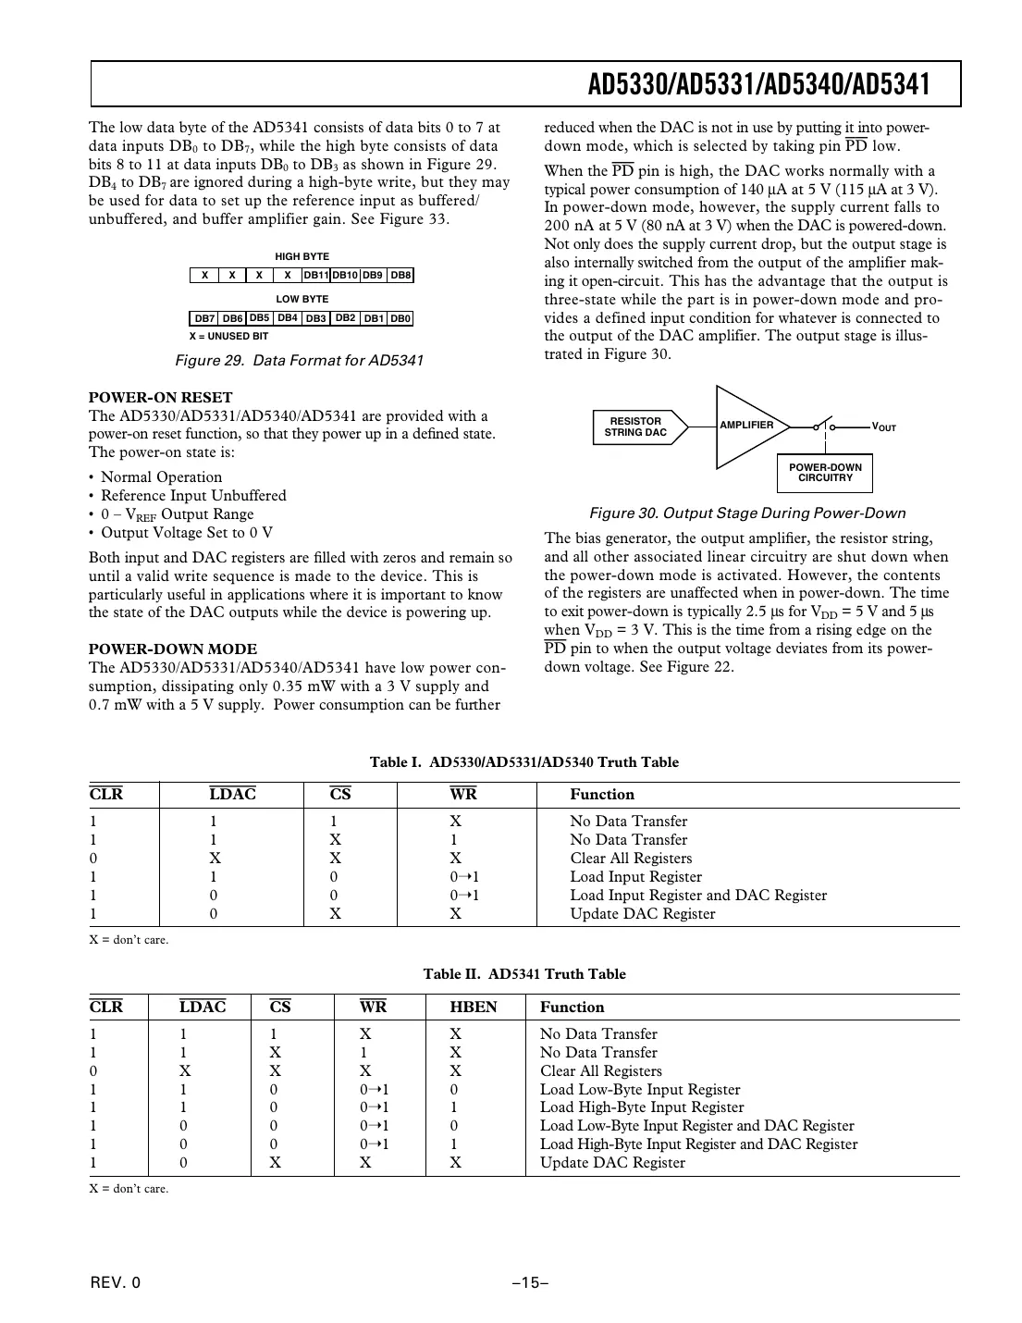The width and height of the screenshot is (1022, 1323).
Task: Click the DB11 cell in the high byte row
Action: point(315,276)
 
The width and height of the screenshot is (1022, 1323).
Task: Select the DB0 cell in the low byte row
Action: point(400,319)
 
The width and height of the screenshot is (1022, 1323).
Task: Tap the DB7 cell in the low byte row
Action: point(204,319)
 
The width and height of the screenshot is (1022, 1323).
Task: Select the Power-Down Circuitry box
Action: point(825,473)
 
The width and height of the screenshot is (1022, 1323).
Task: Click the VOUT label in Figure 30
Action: point(884,427)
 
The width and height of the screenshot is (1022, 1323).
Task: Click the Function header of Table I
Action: point(602,795)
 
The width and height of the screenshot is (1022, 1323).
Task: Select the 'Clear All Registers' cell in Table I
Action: point(631,859)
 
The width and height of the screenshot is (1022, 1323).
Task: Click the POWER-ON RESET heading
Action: point(160,398)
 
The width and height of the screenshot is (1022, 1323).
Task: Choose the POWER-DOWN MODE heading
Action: point(173,649)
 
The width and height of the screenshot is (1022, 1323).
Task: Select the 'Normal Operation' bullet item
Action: point(161,477)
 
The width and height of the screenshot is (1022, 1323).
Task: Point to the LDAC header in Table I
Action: point(232,795)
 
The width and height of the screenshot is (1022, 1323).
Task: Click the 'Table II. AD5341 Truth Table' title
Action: point(524,974)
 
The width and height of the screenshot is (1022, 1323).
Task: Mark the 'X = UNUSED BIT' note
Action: point(228,337)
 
